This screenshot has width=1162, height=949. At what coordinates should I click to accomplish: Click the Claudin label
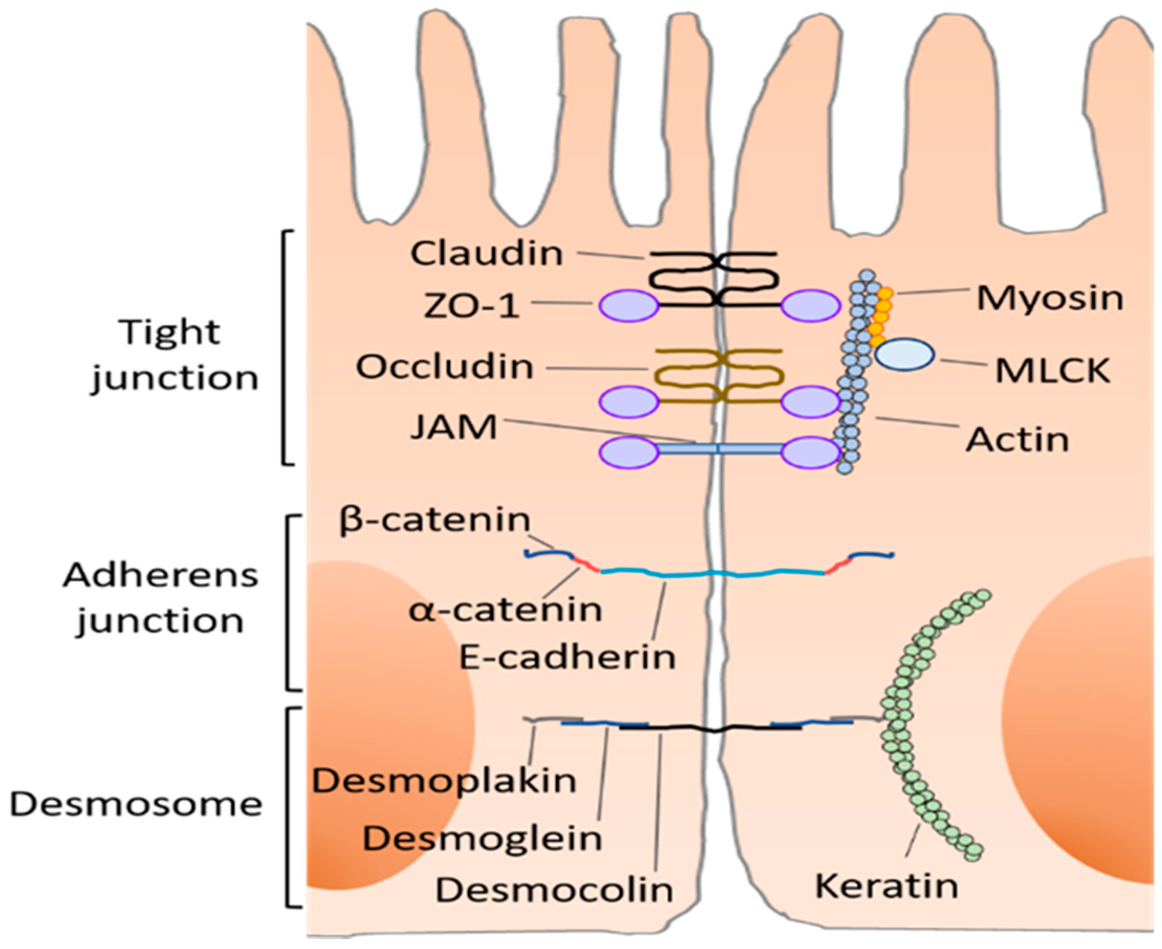(x=486, y=254)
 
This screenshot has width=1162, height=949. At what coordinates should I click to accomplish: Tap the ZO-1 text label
(x=471, y=305)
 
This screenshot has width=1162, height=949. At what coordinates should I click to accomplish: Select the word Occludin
(x=445, y=366)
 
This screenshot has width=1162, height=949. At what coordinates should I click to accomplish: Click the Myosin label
(x=1049, y=299)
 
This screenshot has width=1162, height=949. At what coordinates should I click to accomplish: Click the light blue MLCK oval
(x=905, y=354)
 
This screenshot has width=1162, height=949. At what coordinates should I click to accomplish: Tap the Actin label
(x=1017, y=440)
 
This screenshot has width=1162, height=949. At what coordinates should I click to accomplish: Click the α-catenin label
(x=505, y=610)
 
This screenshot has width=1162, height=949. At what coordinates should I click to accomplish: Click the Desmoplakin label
(x=444, y=781)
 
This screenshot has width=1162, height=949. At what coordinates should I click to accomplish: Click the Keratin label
(x=886, y=886)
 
